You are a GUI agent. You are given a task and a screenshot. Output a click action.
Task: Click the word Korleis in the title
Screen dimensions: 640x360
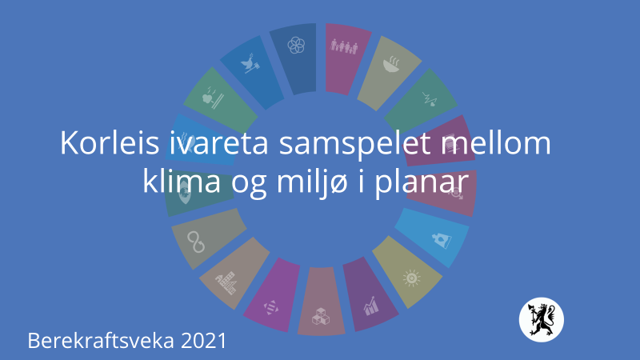[x=110, y=143]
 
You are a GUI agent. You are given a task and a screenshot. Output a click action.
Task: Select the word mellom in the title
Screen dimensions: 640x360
[x=497, y=143]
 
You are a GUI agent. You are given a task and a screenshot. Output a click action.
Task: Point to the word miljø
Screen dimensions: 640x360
[x=312, y=182]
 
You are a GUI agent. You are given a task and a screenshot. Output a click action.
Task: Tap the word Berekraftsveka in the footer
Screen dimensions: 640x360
[x=101, y=341]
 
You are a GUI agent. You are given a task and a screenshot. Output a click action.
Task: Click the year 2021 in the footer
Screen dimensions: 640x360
[x=203, y=341]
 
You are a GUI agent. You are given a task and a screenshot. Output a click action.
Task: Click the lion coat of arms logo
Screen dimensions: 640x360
[x=542, y=319]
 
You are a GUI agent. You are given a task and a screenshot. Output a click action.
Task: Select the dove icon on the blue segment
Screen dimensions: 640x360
[x=250, y=63]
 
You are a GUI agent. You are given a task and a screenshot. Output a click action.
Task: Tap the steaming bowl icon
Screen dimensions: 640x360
[x=391, y=64]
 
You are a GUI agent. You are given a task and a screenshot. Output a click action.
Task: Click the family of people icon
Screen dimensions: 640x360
[x=344, y=46]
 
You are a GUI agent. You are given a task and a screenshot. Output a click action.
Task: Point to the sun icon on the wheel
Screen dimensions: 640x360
[x=411, y=278]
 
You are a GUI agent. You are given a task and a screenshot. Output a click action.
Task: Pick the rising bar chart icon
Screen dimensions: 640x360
[x=371, y=306]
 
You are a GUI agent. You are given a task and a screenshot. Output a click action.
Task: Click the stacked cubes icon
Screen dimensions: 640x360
[x=321, y=316]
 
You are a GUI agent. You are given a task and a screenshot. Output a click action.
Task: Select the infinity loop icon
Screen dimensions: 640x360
[x=196, y=242]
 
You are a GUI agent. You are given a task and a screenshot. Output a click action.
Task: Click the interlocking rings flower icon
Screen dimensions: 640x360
[x=296, y=46]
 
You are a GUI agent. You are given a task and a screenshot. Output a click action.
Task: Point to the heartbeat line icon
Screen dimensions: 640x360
[x=430, y=99]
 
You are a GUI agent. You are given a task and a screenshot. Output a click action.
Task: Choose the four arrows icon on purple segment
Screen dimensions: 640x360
[x=270, y=307]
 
